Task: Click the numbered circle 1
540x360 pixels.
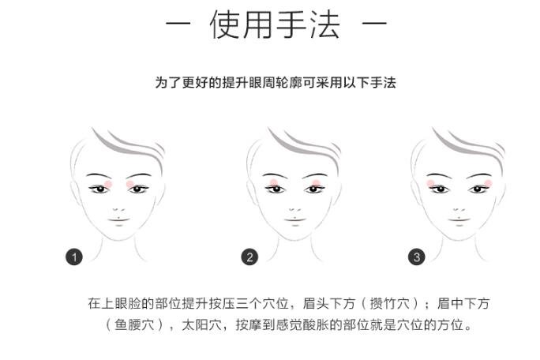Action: pos(74,257)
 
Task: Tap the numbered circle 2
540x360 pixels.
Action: pos(249,257)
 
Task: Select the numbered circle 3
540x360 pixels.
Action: pos(417,257)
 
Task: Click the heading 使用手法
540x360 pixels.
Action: pos(275,24)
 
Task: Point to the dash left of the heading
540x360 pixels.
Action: pos(178,24)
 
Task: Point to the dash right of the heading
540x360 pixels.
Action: pos(374,24)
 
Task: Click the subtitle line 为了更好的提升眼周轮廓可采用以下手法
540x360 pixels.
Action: pos(276,83)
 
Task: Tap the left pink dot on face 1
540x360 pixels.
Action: pos(108,184)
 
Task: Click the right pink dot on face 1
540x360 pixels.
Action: pos(130,184)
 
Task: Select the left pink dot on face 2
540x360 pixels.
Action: pos(274,183)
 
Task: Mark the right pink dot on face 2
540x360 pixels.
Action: pos(316,183)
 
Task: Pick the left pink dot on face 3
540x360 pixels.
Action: pos(430,183)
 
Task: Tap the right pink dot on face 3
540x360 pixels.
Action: pos(488,183)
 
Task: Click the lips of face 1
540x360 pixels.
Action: pos(118,220)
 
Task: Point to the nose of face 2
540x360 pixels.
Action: pos(294,208)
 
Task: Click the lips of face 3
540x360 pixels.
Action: pos(459,220)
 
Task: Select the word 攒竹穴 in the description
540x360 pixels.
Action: pos(389,303)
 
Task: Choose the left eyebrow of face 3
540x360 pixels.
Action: pos(439,175)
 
